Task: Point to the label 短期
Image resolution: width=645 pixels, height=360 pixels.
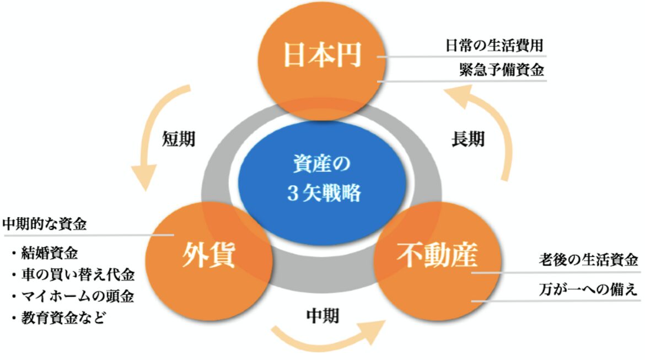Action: tap(178, 139)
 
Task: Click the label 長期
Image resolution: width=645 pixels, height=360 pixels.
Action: tap(467, 139)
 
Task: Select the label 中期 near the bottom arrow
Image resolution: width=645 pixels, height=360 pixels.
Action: tap(322, 316)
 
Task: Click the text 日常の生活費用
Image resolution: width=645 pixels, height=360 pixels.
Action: tap(495, 45)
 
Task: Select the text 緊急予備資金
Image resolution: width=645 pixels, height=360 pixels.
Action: tap(502, 69)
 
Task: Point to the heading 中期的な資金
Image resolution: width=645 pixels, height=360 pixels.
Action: tap(45, 224)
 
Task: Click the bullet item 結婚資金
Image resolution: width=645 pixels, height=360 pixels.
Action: tap(45, 253)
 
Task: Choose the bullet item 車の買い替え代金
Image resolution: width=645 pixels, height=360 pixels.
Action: tap(73, 275)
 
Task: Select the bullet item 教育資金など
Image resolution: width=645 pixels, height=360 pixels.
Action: tap(58, 318)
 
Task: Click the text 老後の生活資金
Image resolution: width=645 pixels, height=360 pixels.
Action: tap(588, 260)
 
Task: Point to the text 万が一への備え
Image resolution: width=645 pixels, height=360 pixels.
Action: tap(588, 289)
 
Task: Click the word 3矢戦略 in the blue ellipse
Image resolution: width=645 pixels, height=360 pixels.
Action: tap(324, 193)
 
